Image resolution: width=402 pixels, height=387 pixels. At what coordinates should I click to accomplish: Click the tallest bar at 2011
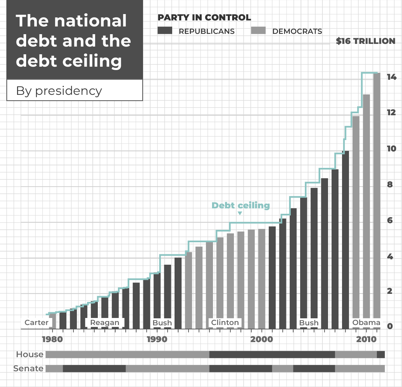click(x=377, y=198)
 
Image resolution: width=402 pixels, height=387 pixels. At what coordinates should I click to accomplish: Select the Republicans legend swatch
click(x=165, y=31)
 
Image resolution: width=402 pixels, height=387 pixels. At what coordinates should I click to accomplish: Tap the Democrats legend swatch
click(x=258, y=31)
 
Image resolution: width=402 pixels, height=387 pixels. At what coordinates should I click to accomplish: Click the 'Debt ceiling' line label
click(x=241, y=205)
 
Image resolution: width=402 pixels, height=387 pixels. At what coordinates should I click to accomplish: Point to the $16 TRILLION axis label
click(x=365, y=41)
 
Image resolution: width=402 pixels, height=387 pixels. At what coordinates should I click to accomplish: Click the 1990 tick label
click(x=157, y=339)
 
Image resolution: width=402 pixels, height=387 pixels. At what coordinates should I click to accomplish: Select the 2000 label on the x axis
click(x=261, y=339)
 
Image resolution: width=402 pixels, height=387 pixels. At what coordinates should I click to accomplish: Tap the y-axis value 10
click(x=391, y=148)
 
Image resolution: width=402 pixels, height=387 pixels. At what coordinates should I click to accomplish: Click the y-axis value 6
click(x=390, y=220)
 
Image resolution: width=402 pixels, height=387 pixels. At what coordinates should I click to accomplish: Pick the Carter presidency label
click(x=37, y=323)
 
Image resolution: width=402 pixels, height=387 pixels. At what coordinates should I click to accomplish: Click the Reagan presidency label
click(x=105, y=323)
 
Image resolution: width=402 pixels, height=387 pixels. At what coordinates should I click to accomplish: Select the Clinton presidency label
click(x=225, y=323)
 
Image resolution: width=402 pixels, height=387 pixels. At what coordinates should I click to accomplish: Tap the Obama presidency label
click(x=366, y=323)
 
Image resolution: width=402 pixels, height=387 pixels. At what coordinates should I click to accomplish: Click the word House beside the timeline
click(x=30, y=354)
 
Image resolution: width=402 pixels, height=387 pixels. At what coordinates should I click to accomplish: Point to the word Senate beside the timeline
click(x=28, y=369)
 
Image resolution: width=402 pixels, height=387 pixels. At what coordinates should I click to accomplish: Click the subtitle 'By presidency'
click(x=59, y=91)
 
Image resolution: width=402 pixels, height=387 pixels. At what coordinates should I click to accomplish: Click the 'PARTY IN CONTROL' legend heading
click(x=204, y=17)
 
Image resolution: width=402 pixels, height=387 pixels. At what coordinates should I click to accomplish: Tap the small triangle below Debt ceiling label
click(x=240, y=213)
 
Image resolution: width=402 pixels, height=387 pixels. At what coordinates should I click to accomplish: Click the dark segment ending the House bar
click(x=381, y=354)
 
